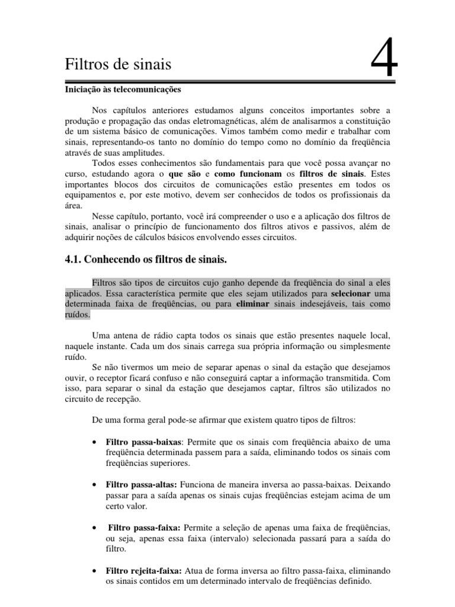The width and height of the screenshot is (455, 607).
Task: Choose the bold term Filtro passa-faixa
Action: click(144, 528)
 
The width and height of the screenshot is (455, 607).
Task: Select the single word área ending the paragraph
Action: click(73, 206)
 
